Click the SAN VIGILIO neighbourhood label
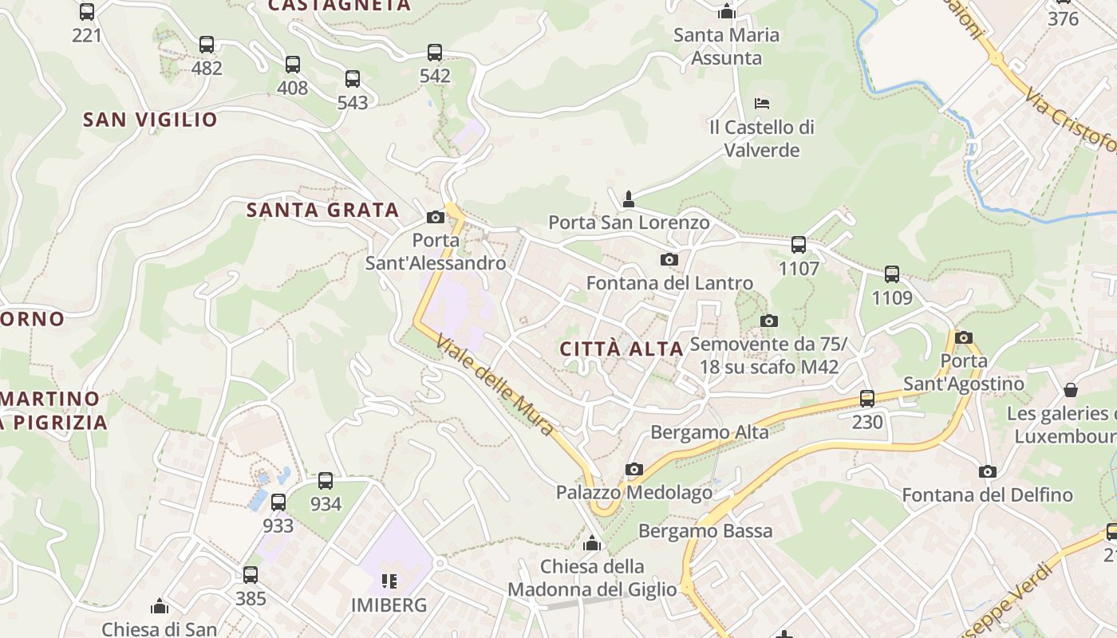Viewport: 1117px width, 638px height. pyautogui.click(x=150, y=120)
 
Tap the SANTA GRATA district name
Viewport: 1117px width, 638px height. pyautogui.click(x=322, y=210)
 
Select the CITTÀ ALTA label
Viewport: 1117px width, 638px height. pyautogui.click(x=622, y=349)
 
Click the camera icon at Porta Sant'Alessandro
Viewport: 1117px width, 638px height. pyautogui.click(x=436, y=217)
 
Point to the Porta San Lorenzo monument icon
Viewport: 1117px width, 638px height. pyautogui.click(x=629, y=199)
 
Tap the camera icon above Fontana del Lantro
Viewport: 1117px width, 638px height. pyautogui.click(x=669, y=259)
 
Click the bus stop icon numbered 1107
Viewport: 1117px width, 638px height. pyautogui.click(x=799, y=245)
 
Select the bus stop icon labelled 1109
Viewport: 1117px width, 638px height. pyautogui.click(x=892, y=274)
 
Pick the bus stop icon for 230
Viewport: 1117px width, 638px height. pyautogui.click(x=867, y=398)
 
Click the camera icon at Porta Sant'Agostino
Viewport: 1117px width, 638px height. pyautogui.click(x=964, y=337)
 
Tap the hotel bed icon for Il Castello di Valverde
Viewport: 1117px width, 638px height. pyautogui.click(x=762, y=104)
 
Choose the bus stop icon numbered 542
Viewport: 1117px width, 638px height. pyautogui.click(x=435, y=53)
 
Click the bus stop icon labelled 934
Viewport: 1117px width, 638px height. pyautogui.click(x=326, y=481)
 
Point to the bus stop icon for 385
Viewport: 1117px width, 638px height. pyautogui.click(x=251, y=574)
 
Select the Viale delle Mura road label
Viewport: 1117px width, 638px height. pyautogui.click(x=495, y=386)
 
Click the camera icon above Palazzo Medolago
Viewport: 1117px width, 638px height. pyautogui.click(x=634, y=469)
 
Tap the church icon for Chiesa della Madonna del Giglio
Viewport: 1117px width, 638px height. pyautogui.click(x=592, y=543)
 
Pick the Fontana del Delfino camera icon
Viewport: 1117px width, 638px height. pyautogui.click(x=988, y=471)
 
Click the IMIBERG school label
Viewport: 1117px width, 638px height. pyautogui.click(x=389, y=605)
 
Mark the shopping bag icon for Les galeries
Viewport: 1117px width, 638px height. pyautogui.click(x=1071, y=390)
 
